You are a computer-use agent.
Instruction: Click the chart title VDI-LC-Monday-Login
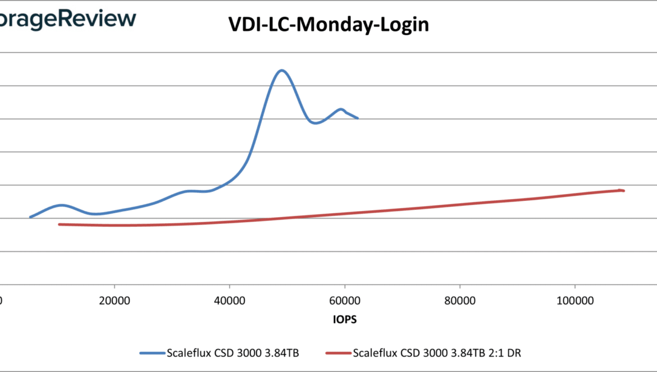click(x=328, y=25)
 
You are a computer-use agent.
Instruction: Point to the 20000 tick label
click(x=115, y=300)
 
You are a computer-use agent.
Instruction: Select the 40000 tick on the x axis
click(x=230, y=300)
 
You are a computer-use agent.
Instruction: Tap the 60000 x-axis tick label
click(x=345, y=300)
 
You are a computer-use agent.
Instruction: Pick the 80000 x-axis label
click(x=460, y=300)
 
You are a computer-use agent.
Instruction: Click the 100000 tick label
click(x=574, y=300)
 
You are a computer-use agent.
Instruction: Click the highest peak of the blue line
click(x=281, y=70)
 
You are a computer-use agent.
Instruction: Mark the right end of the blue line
click(x=358, y=118)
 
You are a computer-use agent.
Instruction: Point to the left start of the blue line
click(x=30, y=217)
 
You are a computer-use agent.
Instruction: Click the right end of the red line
click(x=623, y=191)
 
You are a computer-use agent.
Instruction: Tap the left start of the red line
click(x=60, y=224)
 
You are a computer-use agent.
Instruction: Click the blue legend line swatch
click(x=152, y=353)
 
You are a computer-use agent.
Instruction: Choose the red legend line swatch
click(x=338, y=353)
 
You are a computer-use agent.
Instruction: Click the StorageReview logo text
click(x=67, y=18)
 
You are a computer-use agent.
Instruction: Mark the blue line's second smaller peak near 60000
click(x=340, y=109)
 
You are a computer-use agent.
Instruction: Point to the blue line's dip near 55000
click(x=316, y=123)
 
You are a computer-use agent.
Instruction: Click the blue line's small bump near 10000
click(x=61, y=205)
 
